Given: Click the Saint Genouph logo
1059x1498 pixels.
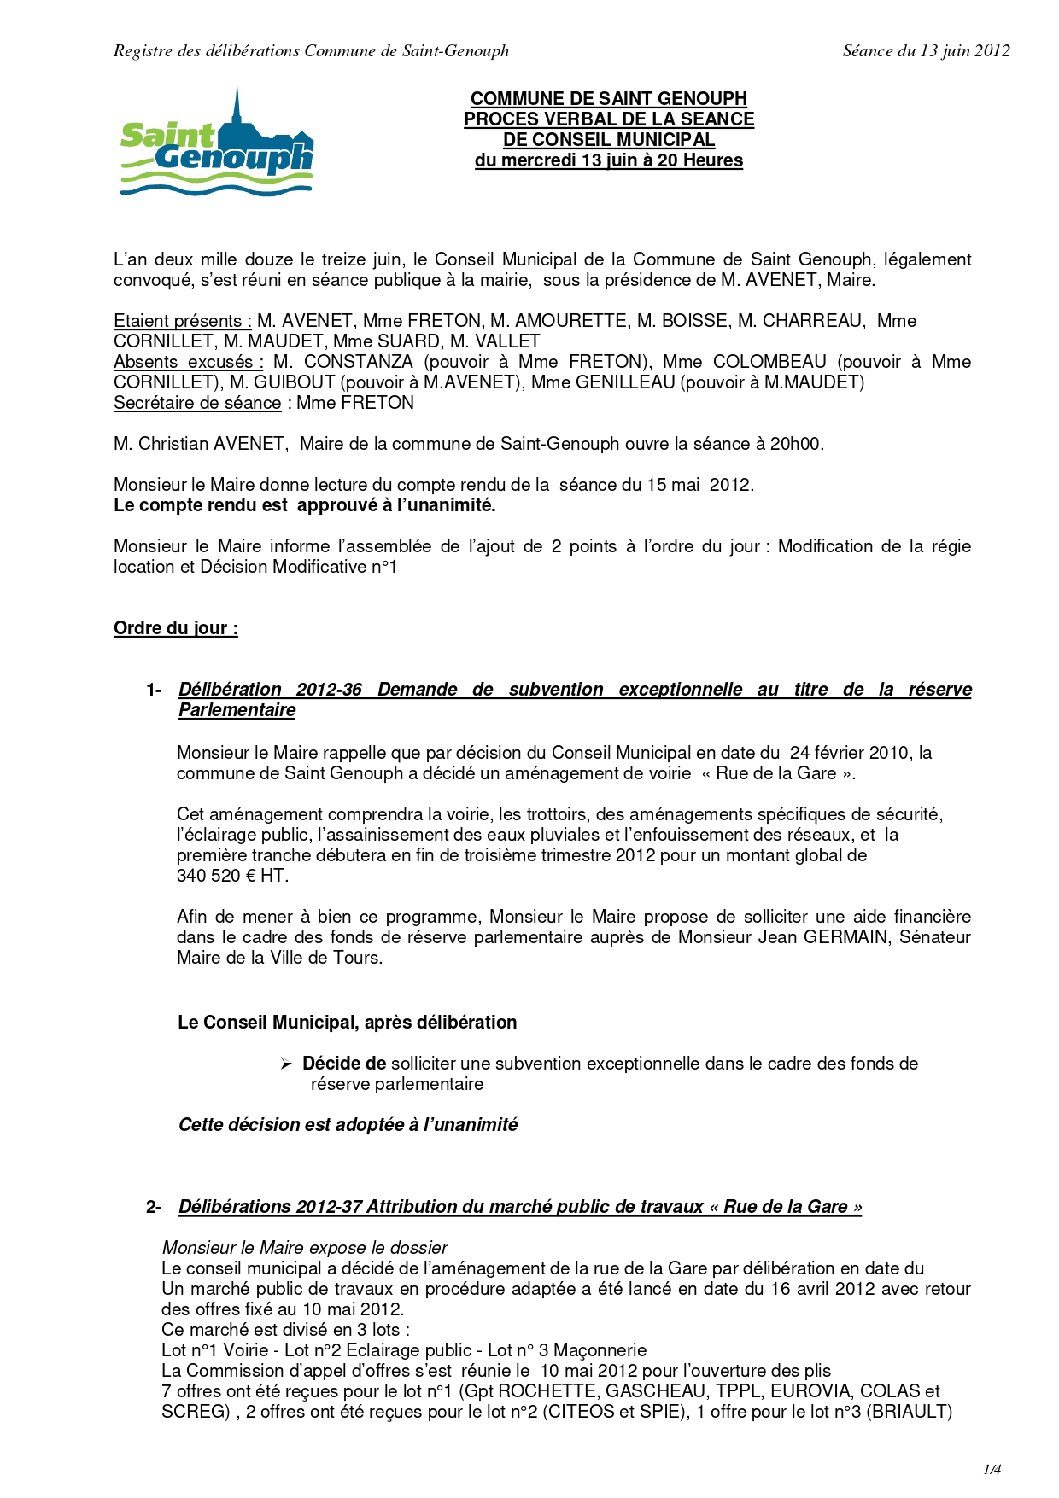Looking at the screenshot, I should tap(217, 143).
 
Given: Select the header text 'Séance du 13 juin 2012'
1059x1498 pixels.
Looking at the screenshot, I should tap(926, 51).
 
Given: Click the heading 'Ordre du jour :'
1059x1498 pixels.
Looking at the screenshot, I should tap(176, 628).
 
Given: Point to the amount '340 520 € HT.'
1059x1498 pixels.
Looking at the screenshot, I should tap(233, 876).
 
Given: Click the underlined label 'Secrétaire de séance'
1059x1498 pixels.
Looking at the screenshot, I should tap(197, 403).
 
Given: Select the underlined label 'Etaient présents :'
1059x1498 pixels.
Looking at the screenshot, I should tap(183, 321).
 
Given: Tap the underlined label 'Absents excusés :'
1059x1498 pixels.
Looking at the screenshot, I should tap(189, 362).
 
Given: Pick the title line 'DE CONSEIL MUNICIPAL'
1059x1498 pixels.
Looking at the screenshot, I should tap(609, 140).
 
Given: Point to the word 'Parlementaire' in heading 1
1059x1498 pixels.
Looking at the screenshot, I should tap(237, 710).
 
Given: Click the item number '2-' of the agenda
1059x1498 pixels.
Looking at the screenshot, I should tap(154, 1207).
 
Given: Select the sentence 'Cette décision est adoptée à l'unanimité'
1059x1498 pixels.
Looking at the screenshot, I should tap(348, 1125).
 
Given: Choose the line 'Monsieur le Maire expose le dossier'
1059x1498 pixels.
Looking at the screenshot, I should tap(305, 1248).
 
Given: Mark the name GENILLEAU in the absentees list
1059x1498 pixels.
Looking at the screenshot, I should tap(625, 382).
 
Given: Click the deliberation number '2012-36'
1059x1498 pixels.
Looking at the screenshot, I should tap(329, 690).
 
